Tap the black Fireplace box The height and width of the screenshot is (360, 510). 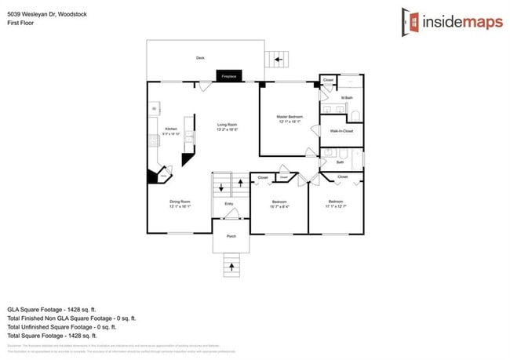[229, 76]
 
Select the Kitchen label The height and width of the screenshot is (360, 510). [170, 129]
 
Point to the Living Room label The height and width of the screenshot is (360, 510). [227, 125]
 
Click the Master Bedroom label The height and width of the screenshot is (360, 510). [289, 118]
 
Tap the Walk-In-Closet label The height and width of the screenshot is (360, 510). [341, 131]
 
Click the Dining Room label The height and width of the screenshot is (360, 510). [180, 202]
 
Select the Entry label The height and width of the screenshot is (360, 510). [229, 204]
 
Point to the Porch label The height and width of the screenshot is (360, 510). [231, 236]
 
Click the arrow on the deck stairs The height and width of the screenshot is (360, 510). [277, 59]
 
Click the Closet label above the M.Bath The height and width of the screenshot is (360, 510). [329, 80]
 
